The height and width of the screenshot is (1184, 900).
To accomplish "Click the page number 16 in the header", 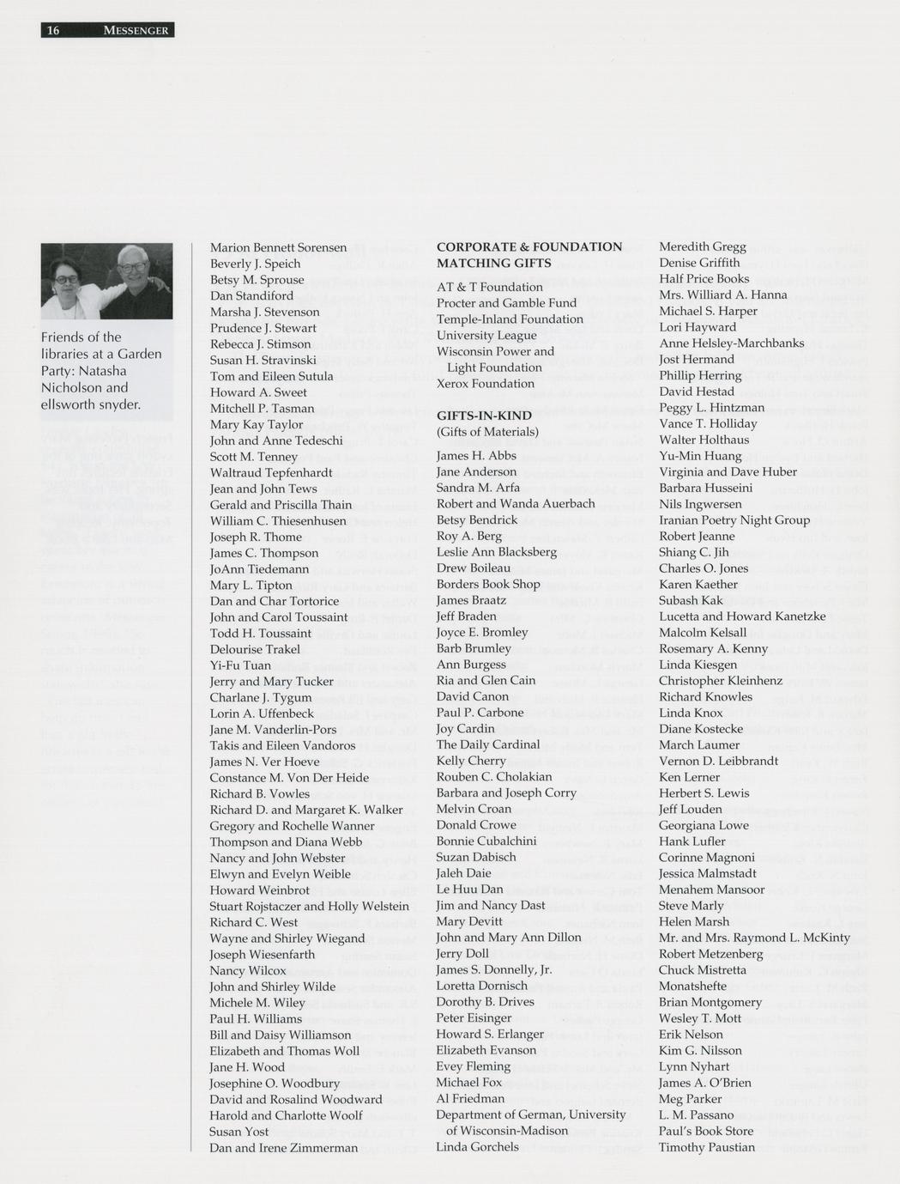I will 53,31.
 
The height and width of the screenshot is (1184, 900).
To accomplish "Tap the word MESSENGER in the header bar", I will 136,31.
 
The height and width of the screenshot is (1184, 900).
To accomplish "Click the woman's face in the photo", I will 66,273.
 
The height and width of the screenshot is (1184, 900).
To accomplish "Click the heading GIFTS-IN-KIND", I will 484,416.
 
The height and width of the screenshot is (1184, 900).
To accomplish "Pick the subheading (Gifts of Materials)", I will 487,432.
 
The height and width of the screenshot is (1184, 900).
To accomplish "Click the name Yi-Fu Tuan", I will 240,665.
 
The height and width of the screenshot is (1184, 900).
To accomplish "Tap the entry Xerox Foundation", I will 485,384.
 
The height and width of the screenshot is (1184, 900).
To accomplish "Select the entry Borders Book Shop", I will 488,584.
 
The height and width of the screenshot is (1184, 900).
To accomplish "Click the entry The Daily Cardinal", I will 488,744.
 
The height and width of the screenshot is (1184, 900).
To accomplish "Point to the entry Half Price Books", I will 704,279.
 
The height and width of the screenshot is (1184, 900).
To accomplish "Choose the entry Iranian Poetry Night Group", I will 734,520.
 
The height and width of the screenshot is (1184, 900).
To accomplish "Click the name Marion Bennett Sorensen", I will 278,247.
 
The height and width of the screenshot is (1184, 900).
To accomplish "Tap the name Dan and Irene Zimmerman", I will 283,1148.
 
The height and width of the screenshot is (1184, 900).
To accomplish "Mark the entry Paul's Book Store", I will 705,1131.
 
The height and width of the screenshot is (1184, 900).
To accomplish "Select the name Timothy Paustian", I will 706,1147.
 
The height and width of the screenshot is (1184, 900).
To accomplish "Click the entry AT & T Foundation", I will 489,287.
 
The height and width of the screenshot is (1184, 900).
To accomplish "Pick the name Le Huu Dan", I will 469,889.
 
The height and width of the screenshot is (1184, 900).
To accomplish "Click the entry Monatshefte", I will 692,986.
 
